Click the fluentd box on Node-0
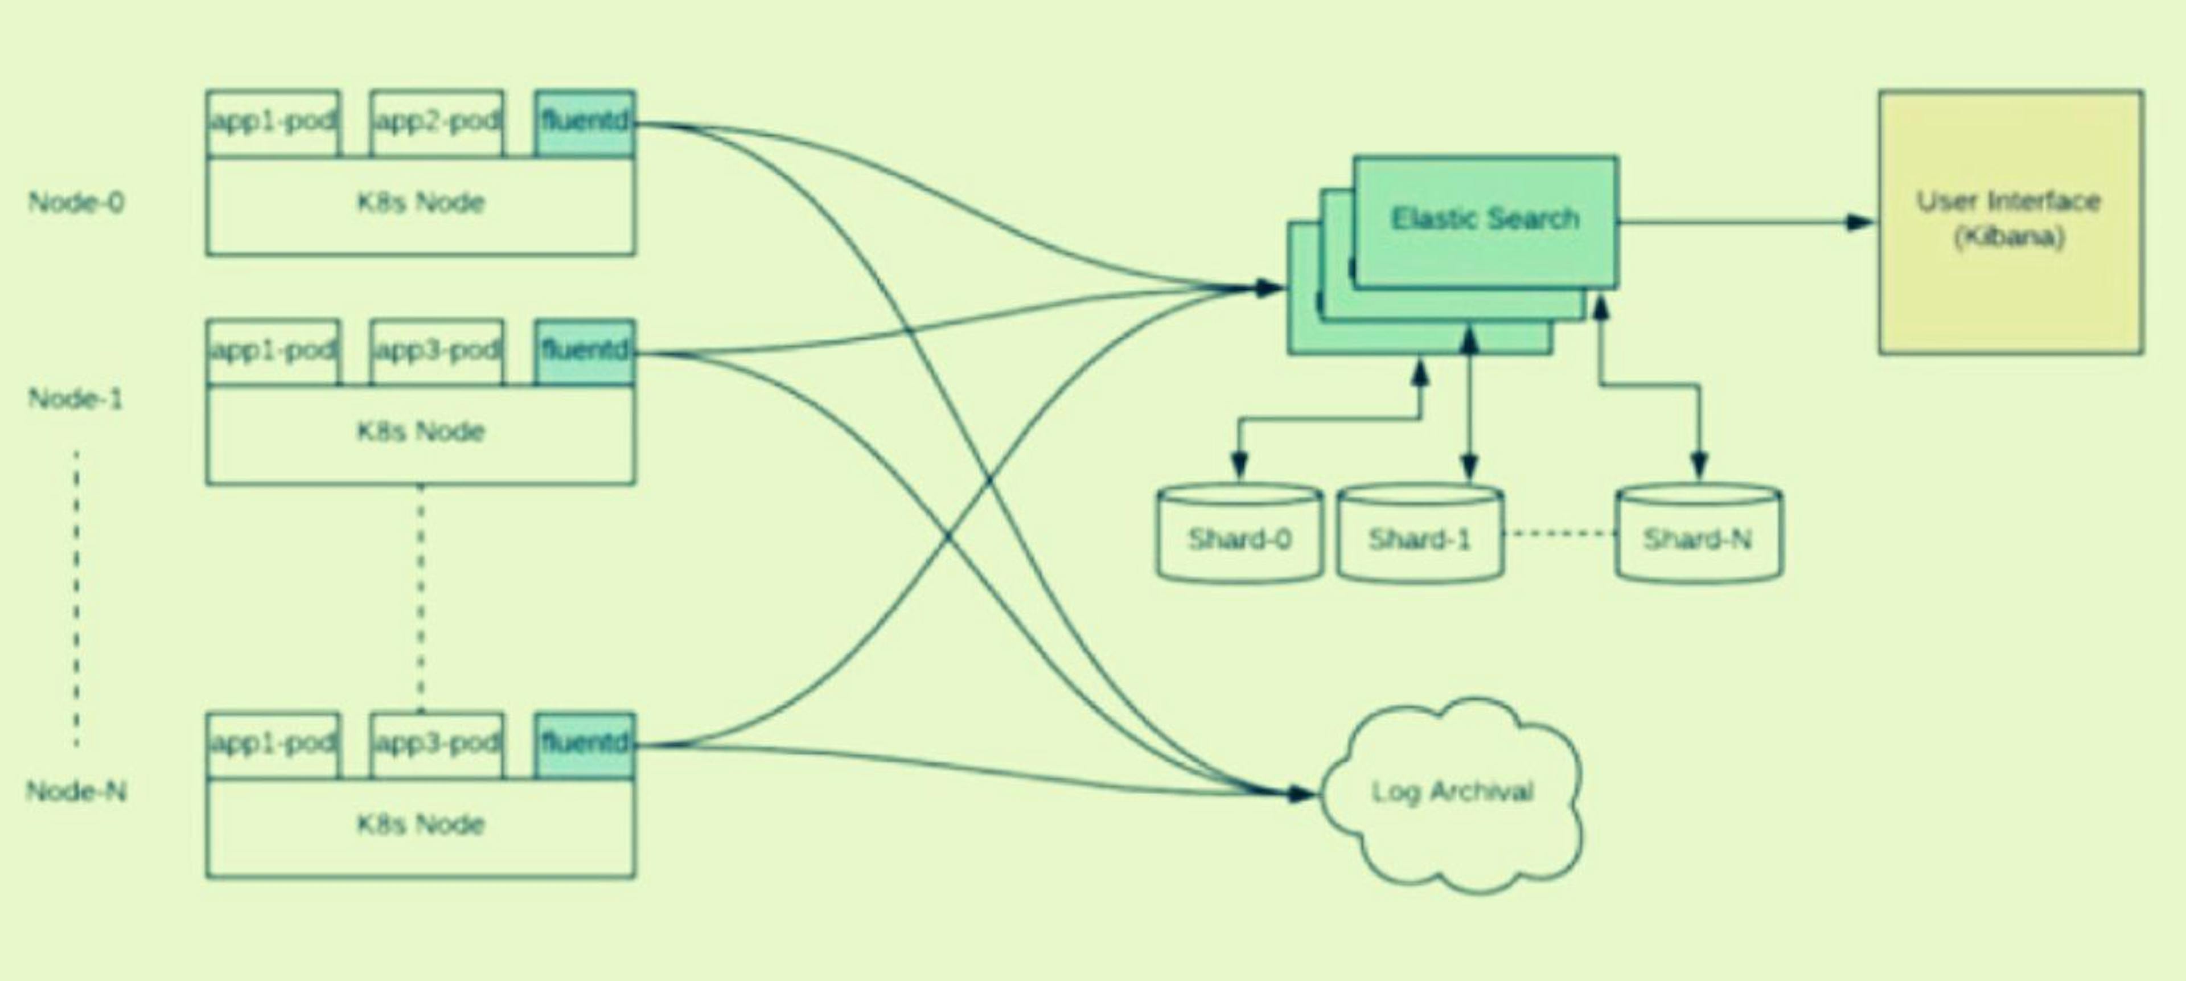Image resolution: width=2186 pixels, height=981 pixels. [x=585, y=123]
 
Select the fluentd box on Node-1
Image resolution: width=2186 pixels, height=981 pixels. [x=585, y=351]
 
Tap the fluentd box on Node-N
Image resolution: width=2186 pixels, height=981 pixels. [x=585, y=744]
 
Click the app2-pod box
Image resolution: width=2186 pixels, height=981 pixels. [x=436, y=123]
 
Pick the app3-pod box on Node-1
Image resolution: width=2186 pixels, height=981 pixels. [x=436, y=351]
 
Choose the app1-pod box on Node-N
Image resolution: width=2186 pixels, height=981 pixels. [x=273, y=744]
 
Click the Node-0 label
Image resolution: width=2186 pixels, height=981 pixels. [x=76, y=202]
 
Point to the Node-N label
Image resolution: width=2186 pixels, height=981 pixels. [x=76, y=792]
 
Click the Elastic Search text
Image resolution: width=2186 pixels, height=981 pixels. [x=1485, y=219]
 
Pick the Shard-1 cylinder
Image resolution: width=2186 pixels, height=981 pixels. [x=1420, y=535]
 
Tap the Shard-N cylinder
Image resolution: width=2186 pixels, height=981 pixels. [x=1698, y=535]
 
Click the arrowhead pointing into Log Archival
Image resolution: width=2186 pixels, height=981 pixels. [x=1301, y=794]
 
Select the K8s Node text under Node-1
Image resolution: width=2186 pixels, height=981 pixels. [x=420, y=431]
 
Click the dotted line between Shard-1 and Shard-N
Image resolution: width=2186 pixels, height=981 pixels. [x=1560, y=534]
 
